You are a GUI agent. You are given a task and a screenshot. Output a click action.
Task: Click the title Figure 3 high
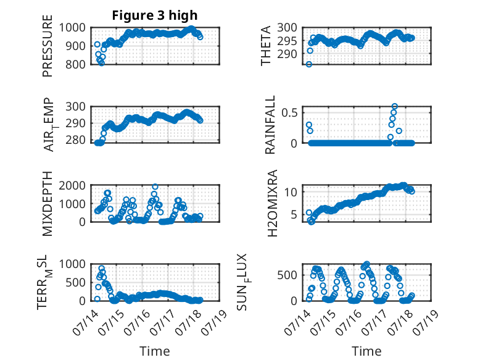[x=155, y=15]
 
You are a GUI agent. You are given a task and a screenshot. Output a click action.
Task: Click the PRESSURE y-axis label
[x=48, y=46]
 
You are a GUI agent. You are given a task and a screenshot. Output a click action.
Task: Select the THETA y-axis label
[x=266, y=46]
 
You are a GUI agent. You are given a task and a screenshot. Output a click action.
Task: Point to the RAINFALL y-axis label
[x=270, y=125]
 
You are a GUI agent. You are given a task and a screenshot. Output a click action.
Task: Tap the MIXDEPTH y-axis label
[x=48, y=203]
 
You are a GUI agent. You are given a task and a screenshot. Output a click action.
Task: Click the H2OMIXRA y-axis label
[x=272, y=203]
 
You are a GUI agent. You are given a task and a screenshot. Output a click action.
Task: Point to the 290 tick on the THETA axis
[x=287, y=54]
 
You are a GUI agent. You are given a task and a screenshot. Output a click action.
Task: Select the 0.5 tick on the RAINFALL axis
[x=289, y=113]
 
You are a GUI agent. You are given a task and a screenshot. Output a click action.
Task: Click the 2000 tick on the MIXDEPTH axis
[x=72, y=185]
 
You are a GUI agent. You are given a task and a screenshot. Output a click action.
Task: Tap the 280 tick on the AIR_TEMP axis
[x=76, y=140]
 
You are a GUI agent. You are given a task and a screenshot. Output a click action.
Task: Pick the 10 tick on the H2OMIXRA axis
[x=291, y=192]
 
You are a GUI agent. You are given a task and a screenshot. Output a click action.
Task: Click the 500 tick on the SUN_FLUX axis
[x=287, y=275]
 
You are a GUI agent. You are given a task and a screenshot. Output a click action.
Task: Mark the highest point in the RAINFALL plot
[x=395, y=106]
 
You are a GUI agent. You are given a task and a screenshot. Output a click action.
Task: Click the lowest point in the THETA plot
[x=309, y=64]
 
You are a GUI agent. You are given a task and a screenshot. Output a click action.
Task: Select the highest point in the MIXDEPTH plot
[x=155, y=187]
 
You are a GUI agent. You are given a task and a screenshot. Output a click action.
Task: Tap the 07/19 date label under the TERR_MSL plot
[x=215, y=322]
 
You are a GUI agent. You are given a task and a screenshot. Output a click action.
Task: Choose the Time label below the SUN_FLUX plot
[x=366, y=351]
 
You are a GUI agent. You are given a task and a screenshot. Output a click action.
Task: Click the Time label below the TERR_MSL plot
[x=155, y=351]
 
